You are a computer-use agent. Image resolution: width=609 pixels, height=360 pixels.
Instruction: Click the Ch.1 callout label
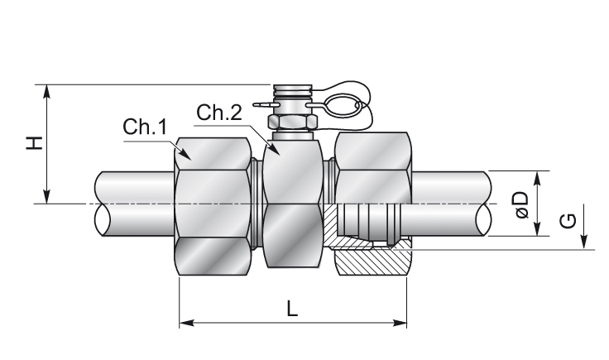tap(146, 127)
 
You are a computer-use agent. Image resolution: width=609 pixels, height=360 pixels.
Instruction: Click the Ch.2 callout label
tap(219, 113)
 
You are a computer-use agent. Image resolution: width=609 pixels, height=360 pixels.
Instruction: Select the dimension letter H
tap(34, 143)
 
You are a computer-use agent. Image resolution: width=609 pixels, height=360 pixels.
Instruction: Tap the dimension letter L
tap(292, 308)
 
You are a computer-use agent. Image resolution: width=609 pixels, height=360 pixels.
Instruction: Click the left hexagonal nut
tap(213, 207)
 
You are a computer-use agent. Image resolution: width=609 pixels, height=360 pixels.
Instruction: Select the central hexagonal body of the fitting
tap(293, 207)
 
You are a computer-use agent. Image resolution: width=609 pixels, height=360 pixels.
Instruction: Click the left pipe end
tap(132, 204)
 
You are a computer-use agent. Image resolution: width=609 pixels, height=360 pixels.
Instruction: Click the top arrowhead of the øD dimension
tap(539, 176)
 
